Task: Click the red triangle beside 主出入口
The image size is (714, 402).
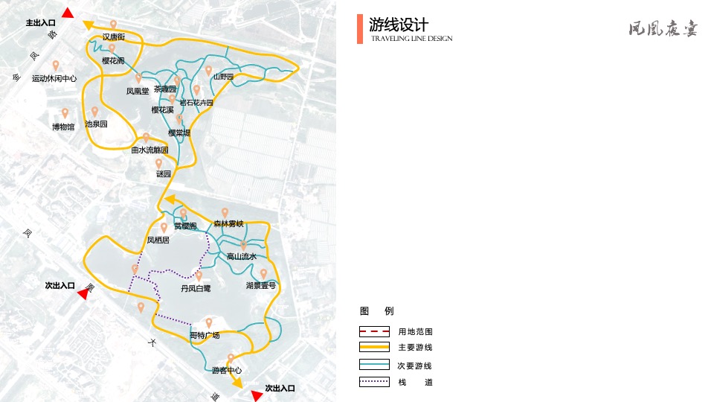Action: [x=68, y=13]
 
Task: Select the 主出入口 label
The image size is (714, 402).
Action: [x=41, y=23]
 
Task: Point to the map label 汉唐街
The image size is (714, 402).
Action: [x=114, y=36]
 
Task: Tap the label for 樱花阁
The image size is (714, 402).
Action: [x=113, y=60]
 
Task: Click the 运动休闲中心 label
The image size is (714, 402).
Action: [x=54, y=78]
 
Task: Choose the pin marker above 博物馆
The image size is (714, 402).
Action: [x=65, y=113]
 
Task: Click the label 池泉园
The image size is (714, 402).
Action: [x=96, y=124]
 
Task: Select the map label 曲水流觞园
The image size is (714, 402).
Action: [x=149, y=150]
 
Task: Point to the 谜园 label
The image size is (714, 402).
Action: [x=164, y=173]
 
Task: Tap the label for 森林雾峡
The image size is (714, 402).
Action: [x=228, y=223]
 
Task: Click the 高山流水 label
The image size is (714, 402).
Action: [x=242, y=257]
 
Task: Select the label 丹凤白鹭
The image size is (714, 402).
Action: [x=196, y=287]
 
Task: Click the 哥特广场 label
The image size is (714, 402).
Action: [x=205, y=335]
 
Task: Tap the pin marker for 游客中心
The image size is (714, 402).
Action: [x=231, y=358]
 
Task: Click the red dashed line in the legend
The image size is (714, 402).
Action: [x=374, y=331]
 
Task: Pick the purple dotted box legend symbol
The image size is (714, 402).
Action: [x=374, y=382]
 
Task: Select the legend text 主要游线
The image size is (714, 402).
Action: [x=415, y=348]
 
